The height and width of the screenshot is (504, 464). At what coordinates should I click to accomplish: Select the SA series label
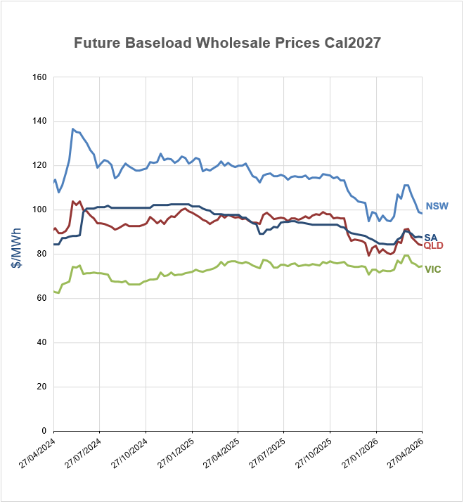tap(431, 237)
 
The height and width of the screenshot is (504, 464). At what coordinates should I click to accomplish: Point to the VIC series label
tap(432, 269)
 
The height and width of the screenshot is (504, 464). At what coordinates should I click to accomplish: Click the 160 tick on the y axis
tap(39, 77)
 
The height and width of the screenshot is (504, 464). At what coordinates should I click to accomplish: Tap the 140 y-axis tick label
tap(39, 121)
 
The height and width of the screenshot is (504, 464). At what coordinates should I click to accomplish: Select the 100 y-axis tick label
tap(39, 209)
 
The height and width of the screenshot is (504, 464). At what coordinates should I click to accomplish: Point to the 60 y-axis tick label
tap(41, 298)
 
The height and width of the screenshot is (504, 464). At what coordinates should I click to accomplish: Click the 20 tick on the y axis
tap(41, 387)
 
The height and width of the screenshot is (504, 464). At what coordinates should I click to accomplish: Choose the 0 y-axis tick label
tap(44, 431)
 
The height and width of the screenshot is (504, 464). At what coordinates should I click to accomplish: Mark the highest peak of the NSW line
tap(72, 129)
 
